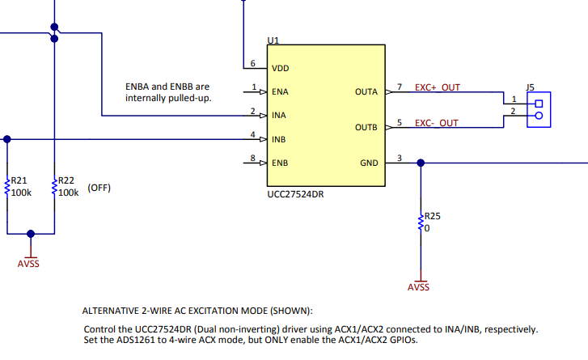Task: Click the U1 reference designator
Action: tap(273, 40)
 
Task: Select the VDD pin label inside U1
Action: tap(280, 68)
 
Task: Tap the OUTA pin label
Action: tap(366, 92)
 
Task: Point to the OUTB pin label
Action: tap(366, 128)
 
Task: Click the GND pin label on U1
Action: tap(369, 163)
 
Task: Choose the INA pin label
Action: tap(278, 116)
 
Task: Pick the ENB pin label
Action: tap(280, 163)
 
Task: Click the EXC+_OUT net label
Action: tap(438, 87)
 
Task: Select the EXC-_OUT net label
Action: tap(437, 123)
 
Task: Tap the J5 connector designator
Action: tap(530, 87)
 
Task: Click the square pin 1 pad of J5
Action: tap(539, 104)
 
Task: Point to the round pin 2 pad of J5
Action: tap(539, 116)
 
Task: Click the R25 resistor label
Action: tap(432, 216)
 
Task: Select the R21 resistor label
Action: tap(19, 180)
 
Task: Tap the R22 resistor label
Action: tap(66, 180)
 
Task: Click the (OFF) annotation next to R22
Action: tap(99, 188)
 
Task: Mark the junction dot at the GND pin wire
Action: tap(421, 163)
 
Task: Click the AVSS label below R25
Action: tap(418, 287)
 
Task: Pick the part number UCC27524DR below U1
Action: tap(295, 194)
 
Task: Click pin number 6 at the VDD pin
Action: tap(252, 63)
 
